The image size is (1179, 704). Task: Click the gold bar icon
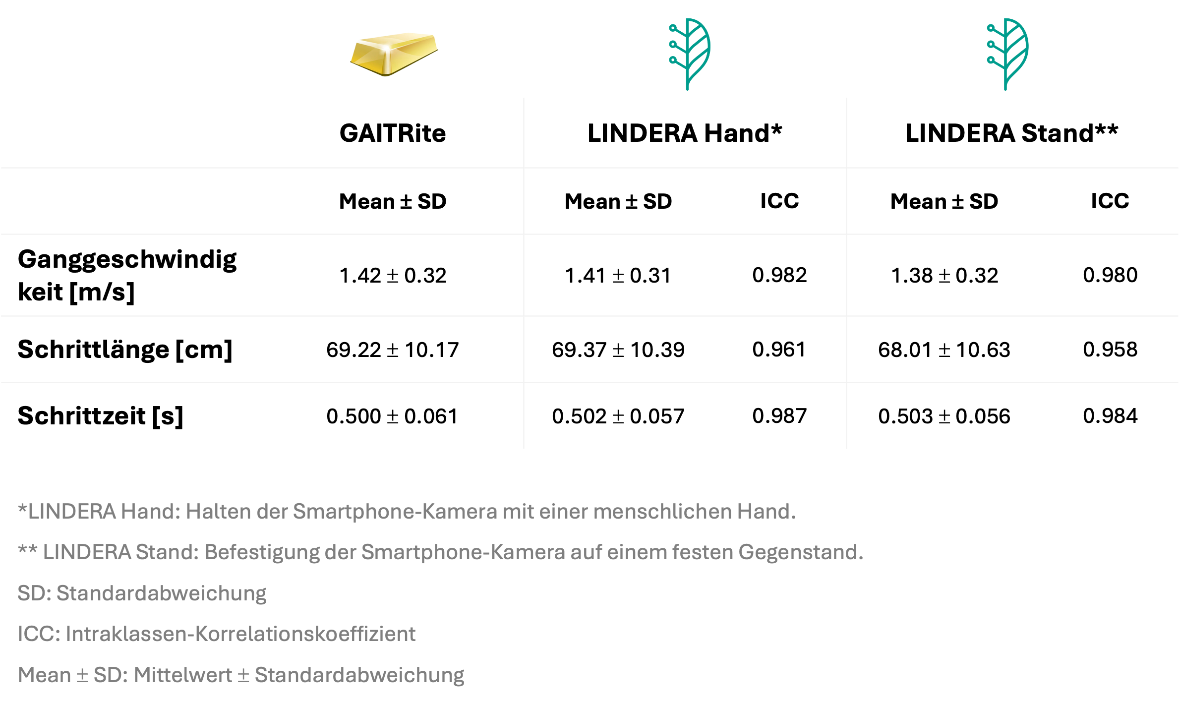click(x=394, y=55)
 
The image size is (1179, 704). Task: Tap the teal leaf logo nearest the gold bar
click(x=689, y=54)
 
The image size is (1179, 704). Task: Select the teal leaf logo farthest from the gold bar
click(x=1007, y=54)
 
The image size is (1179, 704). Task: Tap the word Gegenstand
click(x=800, y=552)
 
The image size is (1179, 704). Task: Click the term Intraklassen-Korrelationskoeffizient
click(x=240, y=634)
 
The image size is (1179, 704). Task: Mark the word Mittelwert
click(x=182, y=675)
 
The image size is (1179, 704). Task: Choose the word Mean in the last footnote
click(x=44, y=675)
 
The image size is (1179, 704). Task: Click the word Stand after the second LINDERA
click(x=166, y=552)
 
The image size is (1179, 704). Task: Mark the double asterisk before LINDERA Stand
click(x=27, y=550)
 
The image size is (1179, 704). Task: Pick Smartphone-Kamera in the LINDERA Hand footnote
click(x=395, y=512)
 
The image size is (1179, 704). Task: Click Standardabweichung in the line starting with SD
click(x=161, y=593)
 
